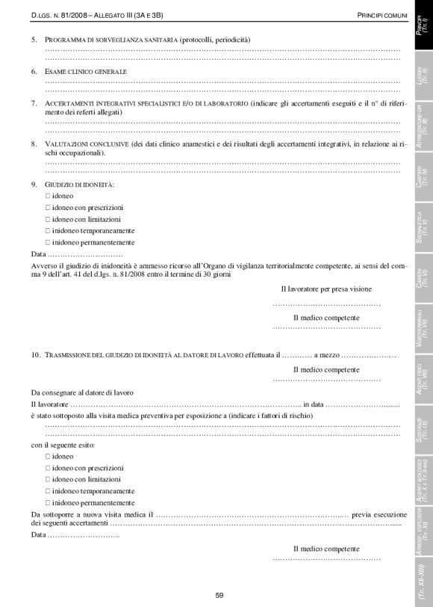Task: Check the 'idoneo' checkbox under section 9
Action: pos(48,195)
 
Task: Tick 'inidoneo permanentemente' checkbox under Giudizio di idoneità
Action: pos(48,242)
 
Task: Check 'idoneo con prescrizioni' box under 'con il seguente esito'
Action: pos(48,467)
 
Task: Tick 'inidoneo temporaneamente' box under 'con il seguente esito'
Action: pos(48,491)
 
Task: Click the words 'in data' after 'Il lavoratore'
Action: pos(314,404)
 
